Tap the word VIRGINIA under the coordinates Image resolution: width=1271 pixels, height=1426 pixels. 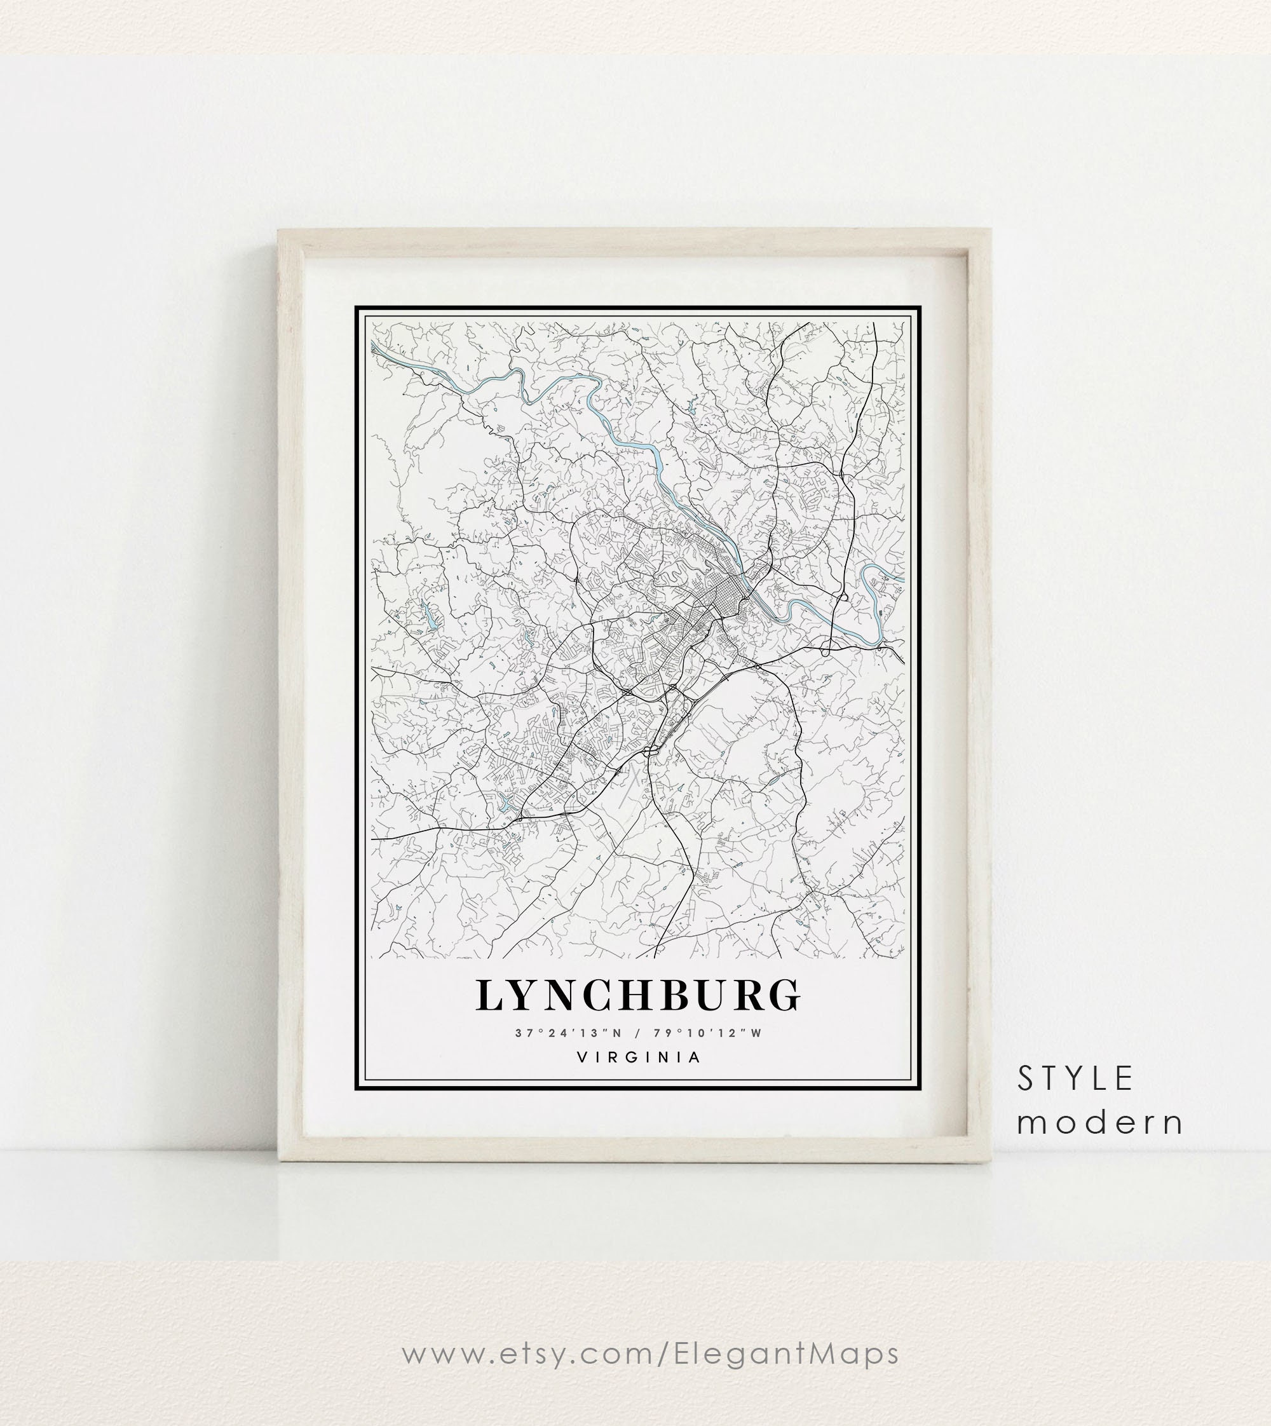click(x=638, y=1057)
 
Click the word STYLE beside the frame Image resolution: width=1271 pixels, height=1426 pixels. click(x=1075, y=1079)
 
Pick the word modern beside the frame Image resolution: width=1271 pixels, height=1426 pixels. click(x=1100, y=1123)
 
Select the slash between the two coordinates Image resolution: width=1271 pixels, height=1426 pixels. click(x=637, y=1033)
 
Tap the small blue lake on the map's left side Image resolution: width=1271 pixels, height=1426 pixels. click(x=428, y=615)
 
